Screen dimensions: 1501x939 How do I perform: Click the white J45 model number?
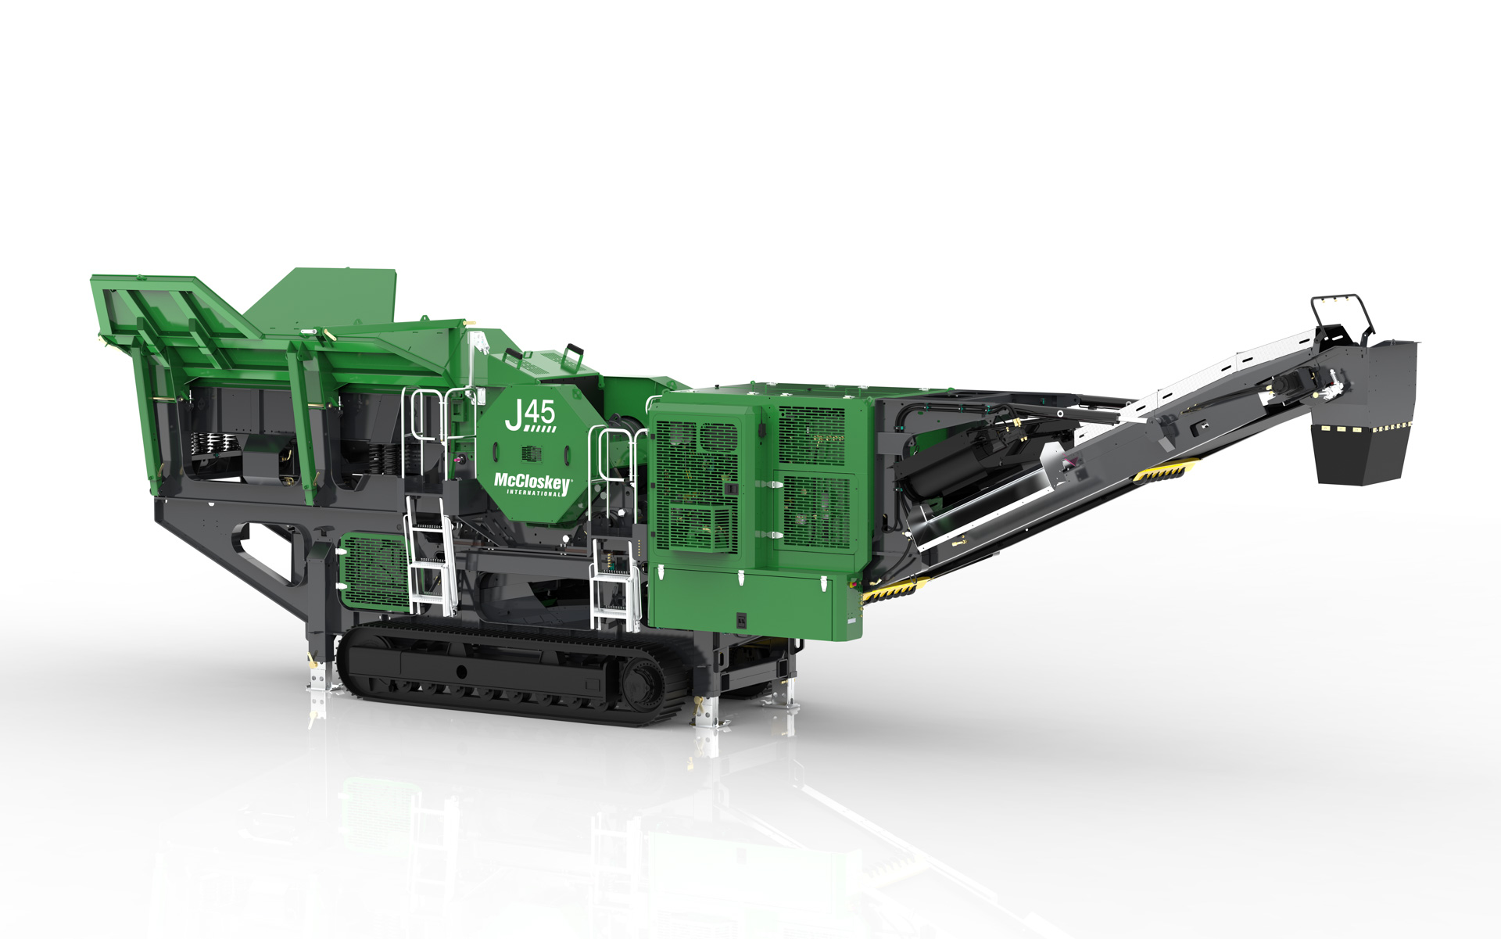(x=530, y=415)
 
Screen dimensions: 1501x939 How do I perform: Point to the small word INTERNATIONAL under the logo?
(x=534, y=493)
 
